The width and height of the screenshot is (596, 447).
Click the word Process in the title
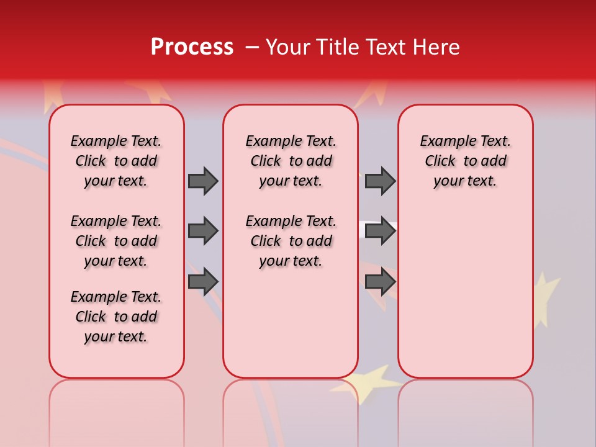[x=191, y=47]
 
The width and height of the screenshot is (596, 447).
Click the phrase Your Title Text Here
[x=363, y=47]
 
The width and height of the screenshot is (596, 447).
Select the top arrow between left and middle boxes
[x=203, y=181]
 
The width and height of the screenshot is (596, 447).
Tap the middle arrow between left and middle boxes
[x=203, y=232]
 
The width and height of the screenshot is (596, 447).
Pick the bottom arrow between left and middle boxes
[x=203, y=282]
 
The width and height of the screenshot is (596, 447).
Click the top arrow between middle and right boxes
[x=380, y=181]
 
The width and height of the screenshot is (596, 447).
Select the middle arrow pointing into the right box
[x=380, y=232]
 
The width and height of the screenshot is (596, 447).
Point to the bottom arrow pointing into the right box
[x=380, y=282]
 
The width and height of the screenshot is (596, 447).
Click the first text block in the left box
[x=116, y=161]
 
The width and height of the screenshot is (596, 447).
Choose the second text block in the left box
[x=116, y=241]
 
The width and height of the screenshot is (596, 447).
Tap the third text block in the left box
[x=116, y=317]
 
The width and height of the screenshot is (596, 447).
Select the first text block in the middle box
[x=291, y=161]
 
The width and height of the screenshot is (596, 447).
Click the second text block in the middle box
[x=291, y=241]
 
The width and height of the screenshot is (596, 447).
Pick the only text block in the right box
[x=465, y=161]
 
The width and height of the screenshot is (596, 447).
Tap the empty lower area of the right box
[x=465, y=298]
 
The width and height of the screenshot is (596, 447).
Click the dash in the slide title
[x=252, y=48]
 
